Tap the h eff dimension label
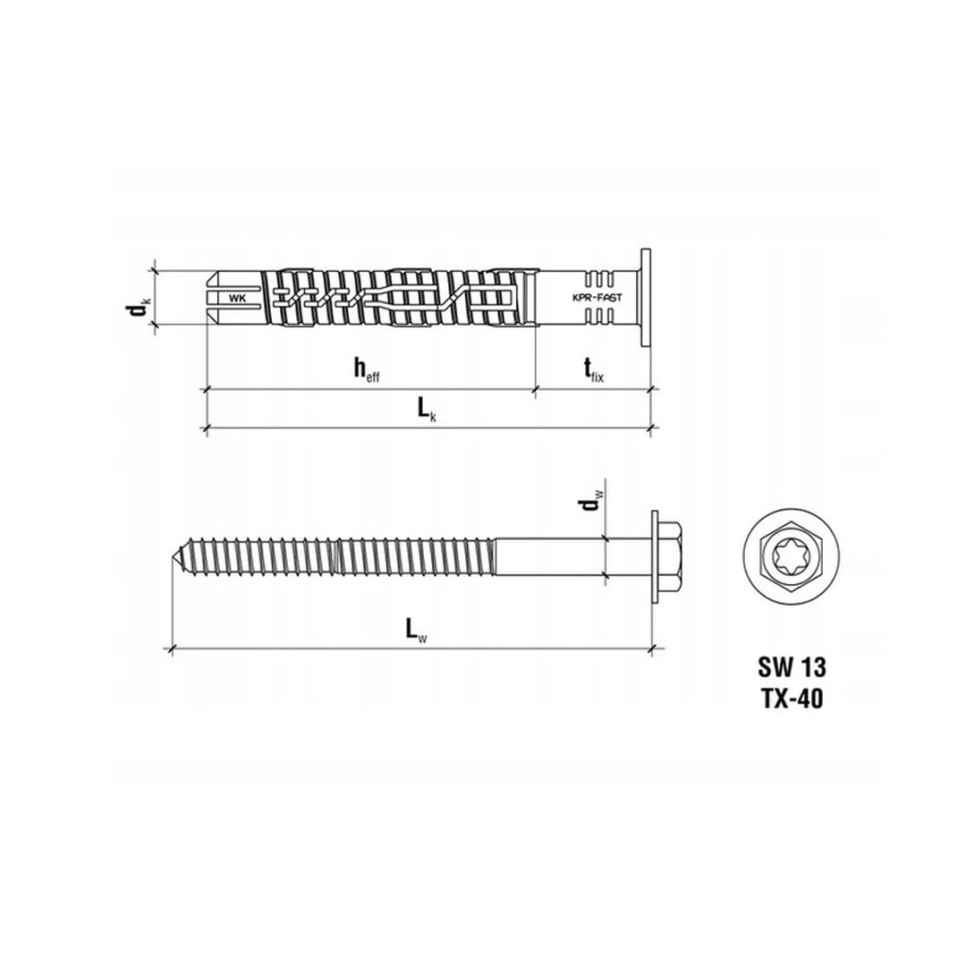tap(367, 370)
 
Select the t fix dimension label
tap(594, 370)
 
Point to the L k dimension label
tap(427, 410)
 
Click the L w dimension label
tap(417, 631)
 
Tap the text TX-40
tap(792, 699)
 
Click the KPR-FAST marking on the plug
tap(597, 298)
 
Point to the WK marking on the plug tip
tap(237, 298)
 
